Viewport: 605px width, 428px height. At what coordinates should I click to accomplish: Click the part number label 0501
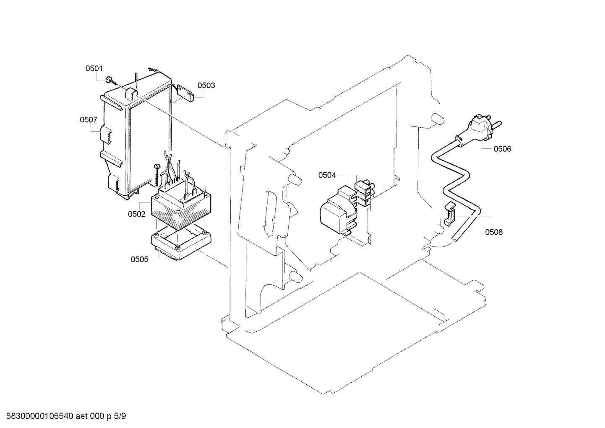coord(94,68)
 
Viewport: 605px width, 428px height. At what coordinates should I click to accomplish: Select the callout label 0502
coord(137,214)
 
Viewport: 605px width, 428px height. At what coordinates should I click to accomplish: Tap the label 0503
coord(206,86)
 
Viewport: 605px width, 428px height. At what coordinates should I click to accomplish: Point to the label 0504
coord(327,175)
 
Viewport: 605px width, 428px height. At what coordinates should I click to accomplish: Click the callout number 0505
coord(139,259)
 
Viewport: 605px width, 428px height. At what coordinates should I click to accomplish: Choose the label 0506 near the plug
coord(502,149)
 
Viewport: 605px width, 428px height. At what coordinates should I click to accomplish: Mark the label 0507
coord(89,120)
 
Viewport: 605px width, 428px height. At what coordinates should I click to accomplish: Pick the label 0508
coord(494,232)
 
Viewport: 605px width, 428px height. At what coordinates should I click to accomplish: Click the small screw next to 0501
coord(109,79)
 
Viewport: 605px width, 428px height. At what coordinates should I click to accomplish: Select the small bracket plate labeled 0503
coord(185,93)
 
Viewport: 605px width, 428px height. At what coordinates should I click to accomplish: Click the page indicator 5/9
coord(120,417)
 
